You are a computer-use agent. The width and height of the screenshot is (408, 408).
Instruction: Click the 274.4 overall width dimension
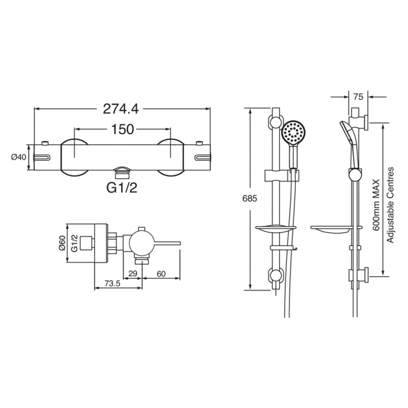click(121, 109)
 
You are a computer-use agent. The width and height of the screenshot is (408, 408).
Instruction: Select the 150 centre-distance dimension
click(122, 129)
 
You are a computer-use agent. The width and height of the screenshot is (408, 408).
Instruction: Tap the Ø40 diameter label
click(18, 157)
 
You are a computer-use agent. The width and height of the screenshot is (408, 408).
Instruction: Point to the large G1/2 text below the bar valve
click(122, 187)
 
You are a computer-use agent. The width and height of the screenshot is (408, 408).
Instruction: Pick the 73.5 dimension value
click(112, 283)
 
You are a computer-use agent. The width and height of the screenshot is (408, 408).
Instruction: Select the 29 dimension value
click(132, 274)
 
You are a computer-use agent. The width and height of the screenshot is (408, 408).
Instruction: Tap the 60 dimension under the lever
click(161, 274)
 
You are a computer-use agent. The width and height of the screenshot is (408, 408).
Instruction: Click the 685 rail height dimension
click(250, 198)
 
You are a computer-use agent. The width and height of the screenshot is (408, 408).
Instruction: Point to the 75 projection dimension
click(358, 97)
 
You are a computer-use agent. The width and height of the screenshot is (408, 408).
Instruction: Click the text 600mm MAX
click(376, 205)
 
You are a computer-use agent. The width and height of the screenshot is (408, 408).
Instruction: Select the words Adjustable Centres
click(390, 205)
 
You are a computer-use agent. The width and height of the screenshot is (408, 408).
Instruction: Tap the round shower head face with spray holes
click(294, 132)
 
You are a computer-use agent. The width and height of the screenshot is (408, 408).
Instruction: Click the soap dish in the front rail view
click(276, 230)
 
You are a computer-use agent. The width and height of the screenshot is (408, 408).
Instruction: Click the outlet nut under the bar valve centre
click(122, 173)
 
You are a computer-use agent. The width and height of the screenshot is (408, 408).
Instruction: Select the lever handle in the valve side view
click(166, 244)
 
